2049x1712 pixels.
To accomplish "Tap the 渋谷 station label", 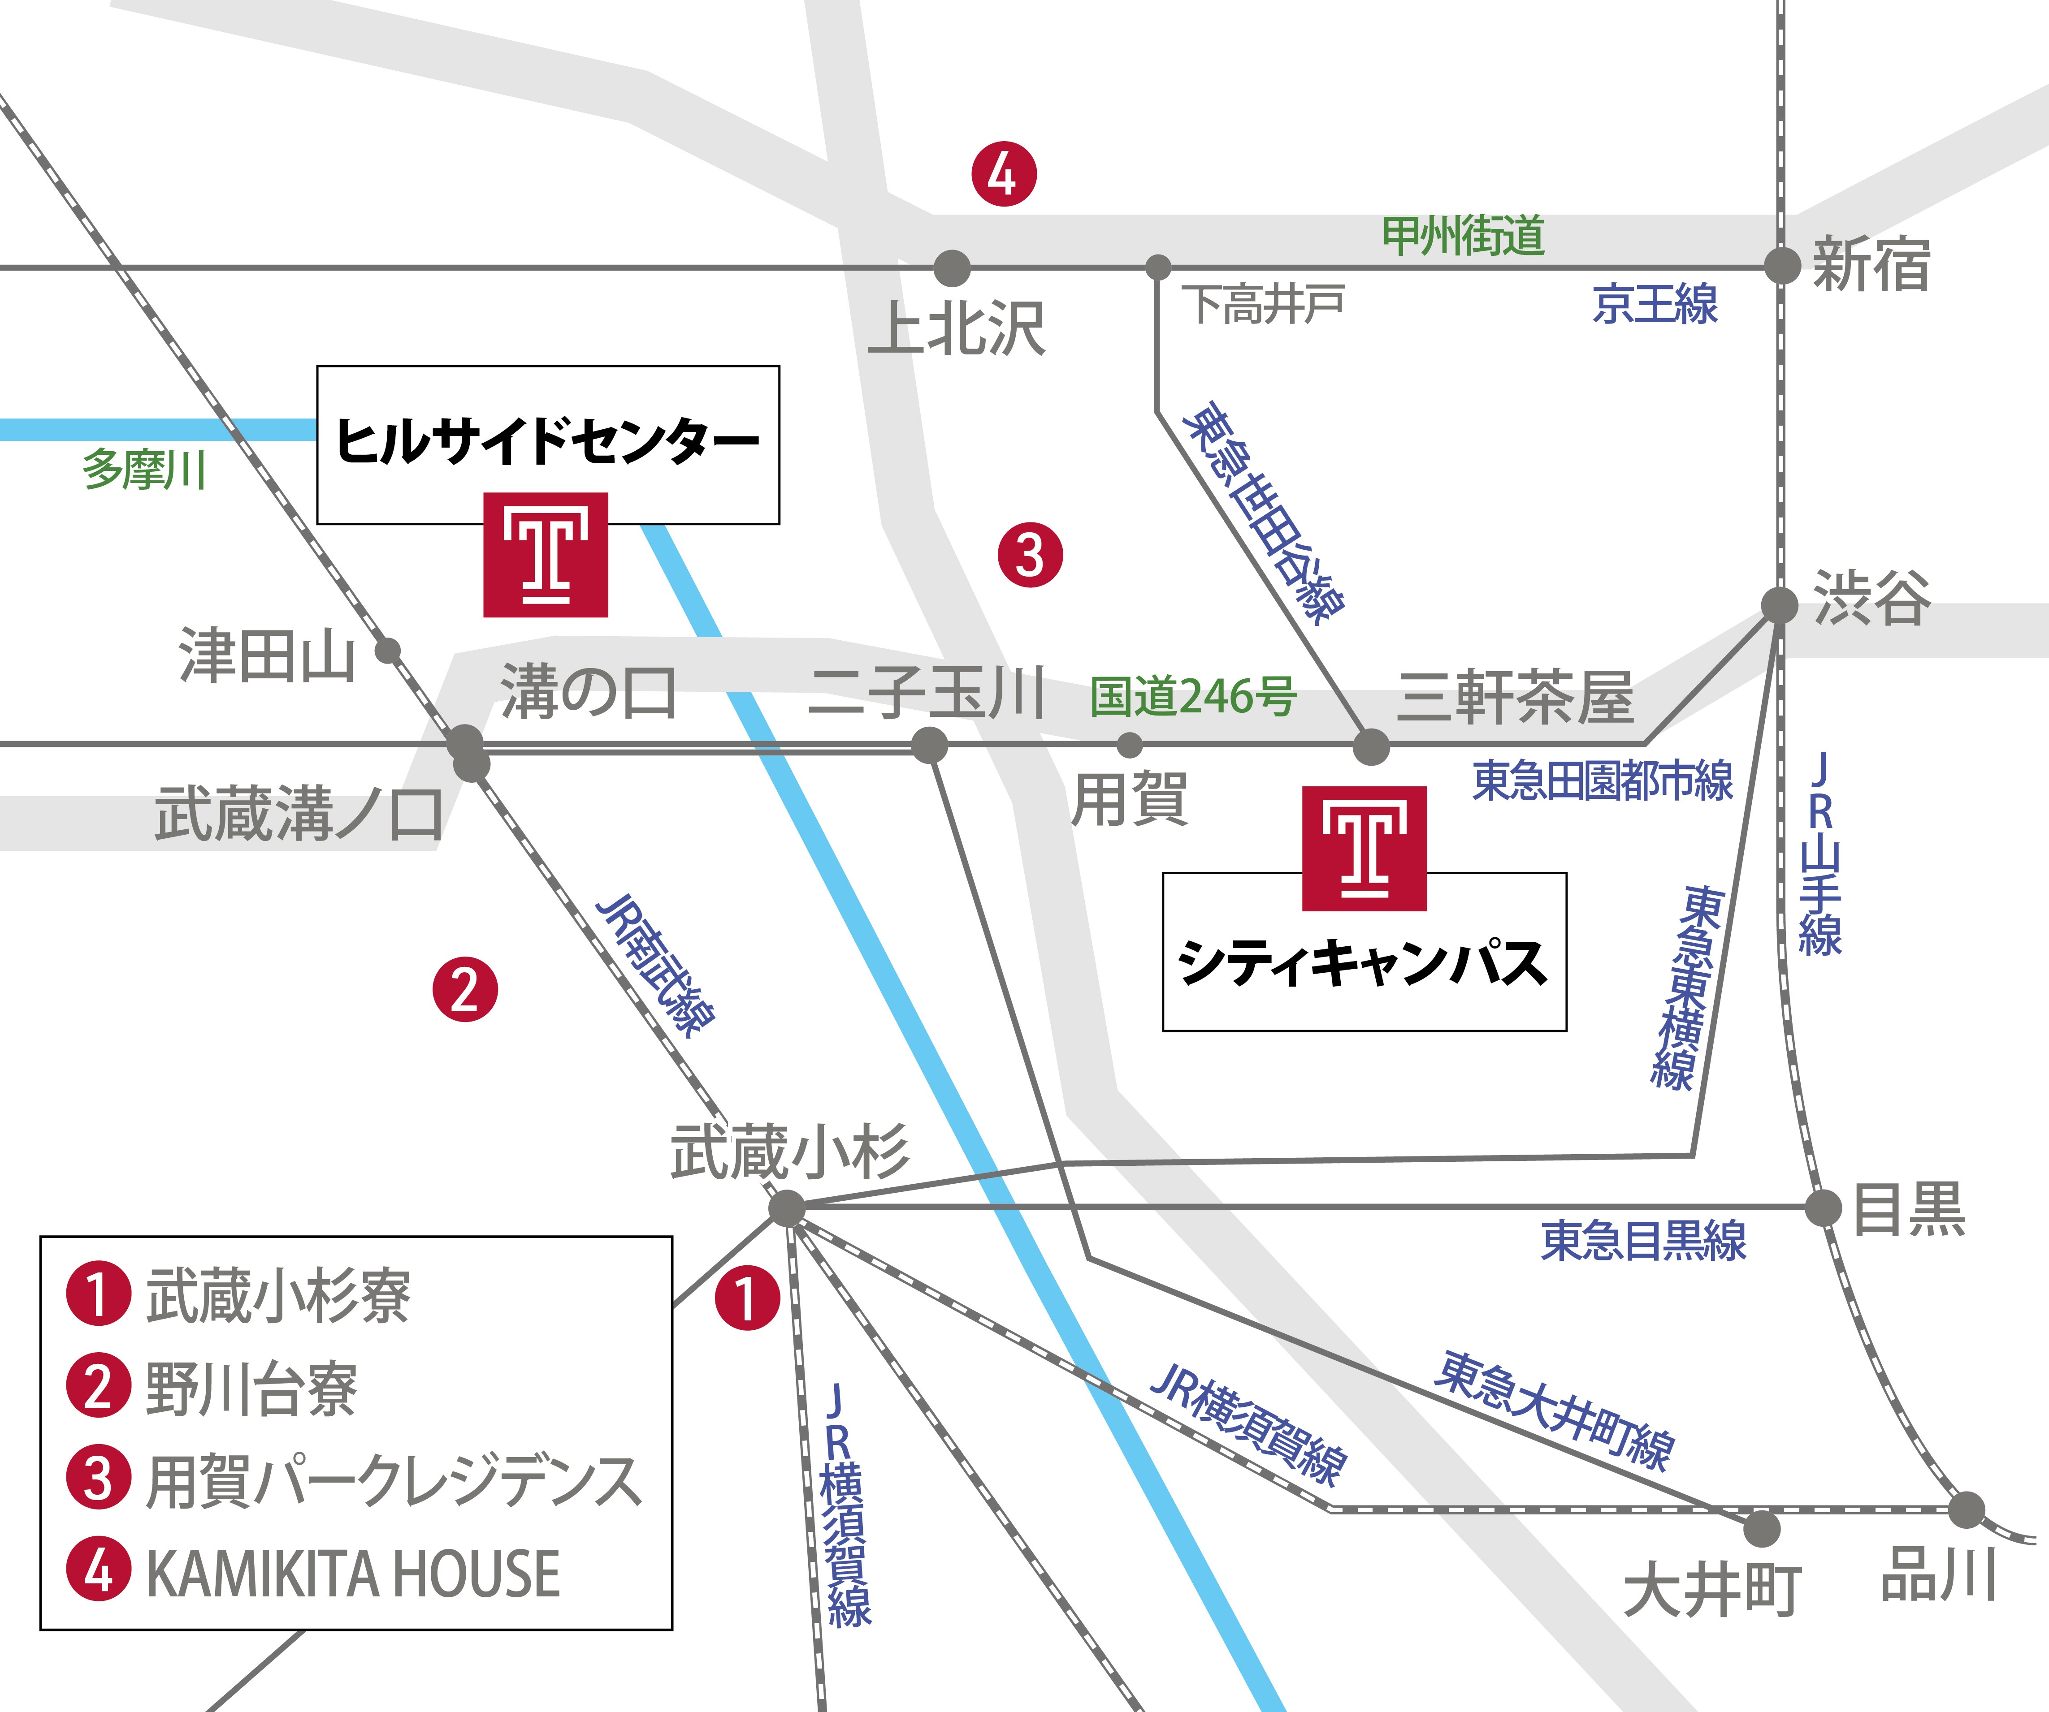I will [x=1871, y=598].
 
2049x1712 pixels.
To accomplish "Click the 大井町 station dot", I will [x=1761, y=1529].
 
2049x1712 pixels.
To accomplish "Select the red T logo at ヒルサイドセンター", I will [x=546, y=554].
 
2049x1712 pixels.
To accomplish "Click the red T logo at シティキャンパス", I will [x=1364, y=848].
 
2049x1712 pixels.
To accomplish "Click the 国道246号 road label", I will [x=1192, y=697].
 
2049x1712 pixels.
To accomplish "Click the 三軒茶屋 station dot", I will [x=1371, y=747].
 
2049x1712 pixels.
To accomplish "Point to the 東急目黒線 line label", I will [x=1643, y=1241].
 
